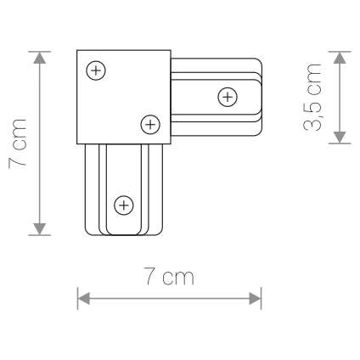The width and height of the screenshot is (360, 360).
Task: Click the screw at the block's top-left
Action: point(97,71)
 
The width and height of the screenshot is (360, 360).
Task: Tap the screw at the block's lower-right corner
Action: point(149,125)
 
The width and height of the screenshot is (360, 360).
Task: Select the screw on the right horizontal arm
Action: point(227,97)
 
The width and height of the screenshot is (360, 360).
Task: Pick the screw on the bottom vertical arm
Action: point(124,205)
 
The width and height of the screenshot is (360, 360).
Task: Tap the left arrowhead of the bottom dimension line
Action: point(83,298)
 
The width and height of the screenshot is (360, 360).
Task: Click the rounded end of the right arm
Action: point(256,96)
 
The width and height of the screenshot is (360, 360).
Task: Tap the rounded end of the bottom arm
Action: point(123,231)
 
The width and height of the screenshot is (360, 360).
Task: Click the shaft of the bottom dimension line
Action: point(170,298)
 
